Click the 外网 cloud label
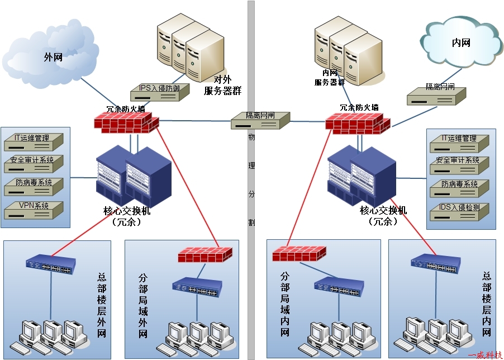click(x=53, y=58)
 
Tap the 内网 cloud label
click(x=461, y=42)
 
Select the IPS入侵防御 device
click(x=160, y=92)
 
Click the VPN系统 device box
click(x=34, y=210)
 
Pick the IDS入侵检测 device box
click(x=459, y=212)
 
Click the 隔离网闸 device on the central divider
click(x=260, y=120)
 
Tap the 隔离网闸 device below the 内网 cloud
click(x=436, y=96)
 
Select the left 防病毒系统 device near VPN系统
click(x=34, y=187)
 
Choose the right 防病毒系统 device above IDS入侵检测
click(x=459, y=188)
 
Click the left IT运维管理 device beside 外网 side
click(x=34, y=142)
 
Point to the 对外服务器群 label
click(x=222, y=85)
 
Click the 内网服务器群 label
click(x=330, y=78)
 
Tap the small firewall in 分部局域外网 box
click(x=205, y=255)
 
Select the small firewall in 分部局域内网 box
click(x=299, y=254)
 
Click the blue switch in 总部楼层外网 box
click(x=51, y=264)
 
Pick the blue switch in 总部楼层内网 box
click(x=435, y=264)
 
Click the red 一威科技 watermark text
click(x=485, y=355)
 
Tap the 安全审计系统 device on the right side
click(x=459, y=165)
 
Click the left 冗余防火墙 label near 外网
click(x=126, y=108)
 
